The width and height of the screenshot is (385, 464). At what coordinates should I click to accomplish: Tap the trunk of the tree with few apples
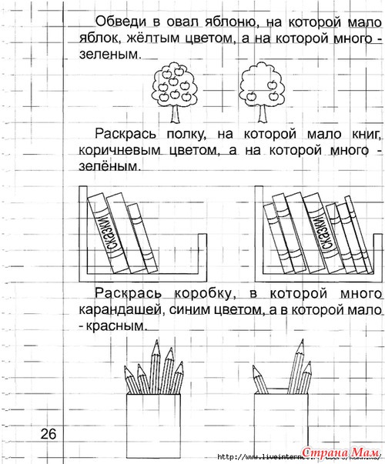click(x=262, y=114)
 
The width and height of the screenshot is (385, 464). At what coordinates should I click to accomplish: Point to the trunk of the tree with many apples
click(x=175, y=114)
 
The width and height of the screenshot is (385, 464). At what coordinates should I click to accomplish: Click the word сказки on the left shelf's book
click(x=106, y=233)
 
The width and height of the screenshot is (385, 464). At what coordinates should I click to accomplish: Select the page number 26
click(x=49, y=434)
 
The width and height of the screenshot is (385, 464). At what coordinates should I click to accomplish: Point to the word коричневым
click(x=119, y=150)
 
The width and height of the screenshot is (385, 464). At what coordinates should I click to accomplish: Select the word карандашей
click(x=119, y=310)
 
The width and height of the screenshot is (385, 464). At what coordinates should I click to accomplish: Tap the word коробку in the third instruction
click(x=203, y=293)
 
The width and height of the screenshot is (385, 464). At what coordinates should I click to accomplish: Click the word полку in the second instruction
click(x=186, y=134)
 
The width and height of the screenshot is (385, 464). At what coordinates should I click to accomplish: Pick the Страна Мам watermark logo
click(x=341, y=452)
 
